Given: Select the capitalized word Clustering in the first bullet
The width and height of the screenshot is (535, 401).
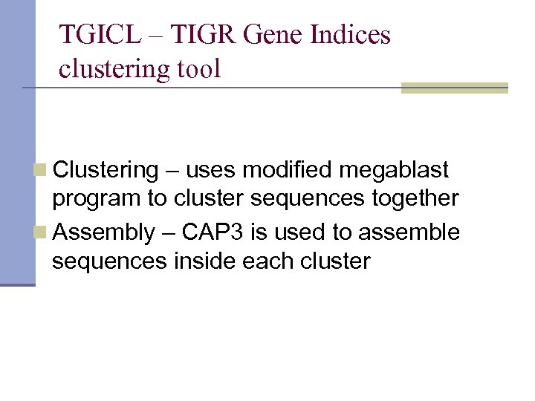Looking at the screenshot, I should (x=106, y=171).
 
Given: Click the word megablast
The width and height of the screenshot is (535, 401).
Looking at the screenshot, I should (x=394, y=171).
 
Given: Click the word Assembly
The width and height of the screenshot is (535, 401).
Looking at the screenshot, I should (x=103, y=233).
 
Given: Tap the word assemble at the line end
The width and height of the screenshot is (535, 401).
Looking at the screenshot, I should (x=409, y=233).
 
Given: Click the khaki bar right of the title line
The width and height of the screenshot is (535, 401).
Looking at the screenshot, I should (x=454, y=88).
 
